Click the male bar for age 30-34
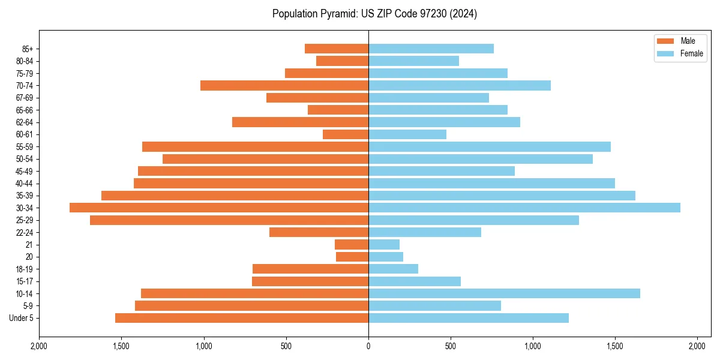[x=219, y=208]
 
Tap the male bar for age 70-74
[x=284, y=85]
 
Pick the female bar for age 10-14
[x=504, y=293]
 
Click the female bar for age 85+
[x=431, y=49]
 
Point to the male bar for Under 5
[x=242, y=318]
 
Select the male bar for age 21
[x=352, y=245]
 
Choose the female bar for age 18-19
[x=393, y=269]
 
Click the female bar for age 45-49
[x=442, y=171]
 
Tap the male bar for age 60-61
[x=346, y=134]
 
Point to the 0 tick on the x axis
[x=368, y=346]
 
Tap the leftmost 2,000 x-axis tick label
[x=39, y=346]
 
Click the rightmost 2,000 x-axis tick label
[x=697, y=346]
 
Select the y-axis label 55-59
[x=25, y=146]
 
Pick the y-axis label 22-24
[x=25, y=232]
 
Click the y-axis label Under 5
[x=22, y=318]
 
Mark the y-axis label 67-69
[x=25, y=98]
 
